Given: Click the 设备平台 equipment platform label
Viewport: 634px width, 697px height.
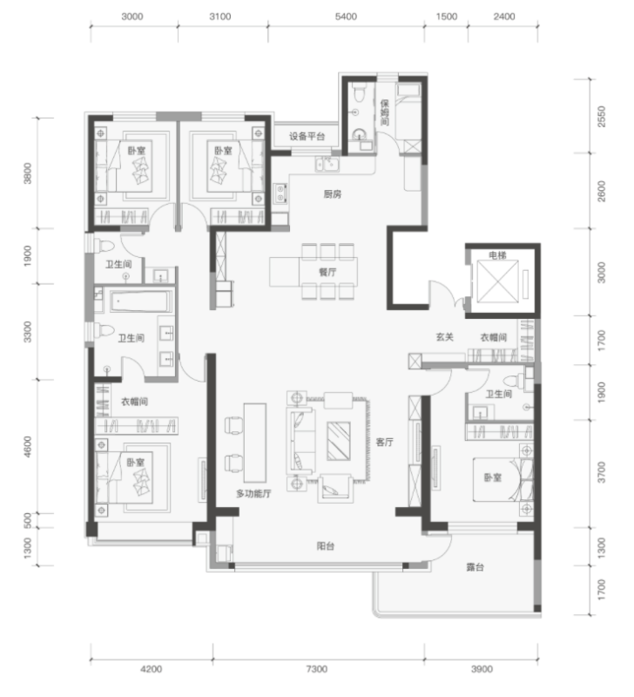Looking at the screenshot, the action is (x=307, y=136).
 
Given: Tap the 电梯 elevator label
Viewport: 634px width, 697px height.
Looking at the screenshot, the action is (x=497, y=255).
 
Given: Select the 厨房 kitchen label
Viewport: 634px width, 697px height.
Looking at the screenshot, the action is (x=333, y=193).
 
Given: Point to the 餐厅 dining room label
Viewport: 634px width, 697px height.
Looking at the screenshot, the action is (x=327, y=272).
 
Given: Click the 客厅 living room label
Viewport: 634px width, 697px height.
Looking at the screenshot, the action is (x=384, y=442).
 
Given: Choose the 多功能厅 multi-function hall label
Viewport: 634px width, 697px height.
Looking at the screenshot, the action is (x=253, y=493).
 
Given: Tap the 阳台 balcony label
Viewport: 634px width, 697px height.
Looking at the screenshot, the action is (x=325, y=546).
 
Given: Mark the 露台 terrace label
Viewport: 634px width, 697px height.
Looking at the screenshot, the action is (x=475, y=567).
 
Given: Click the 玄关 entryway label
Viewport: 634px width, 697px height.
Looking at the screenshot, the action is (x=444, y=337).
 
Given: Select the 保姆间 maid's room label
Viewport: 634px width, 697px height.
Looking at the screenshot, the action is (x=384, y=112).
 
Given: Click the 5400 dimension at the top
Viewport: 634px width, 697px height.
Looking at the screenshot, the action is (x=346, y=17).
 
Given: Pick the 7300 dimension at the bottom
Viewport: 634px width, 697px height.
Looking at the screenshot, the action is (x=317, y=669).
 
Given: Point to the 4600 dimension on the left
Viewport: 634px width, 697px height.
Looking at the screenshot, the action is (x=28, y=447).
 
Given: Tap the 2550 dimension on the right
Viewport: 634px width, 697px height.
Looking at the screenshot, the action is (x=601, y=117).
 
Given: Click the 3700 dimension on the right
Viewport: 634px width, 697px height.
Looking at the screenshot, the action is (x=601, y=472).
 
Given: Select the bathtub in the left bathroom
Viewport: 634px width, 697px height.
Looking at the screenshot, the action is (x=141, y=301).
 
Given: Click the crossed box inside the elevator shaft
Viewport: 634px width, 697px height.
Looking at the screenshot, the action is (x=497, y=281).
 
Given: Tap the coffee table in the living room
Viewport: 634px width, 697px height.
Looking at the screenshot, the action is (x=339, y=441).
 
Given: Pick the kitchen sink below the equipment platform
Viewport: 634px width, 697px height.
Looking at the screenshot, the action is (x=327, y=164).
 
